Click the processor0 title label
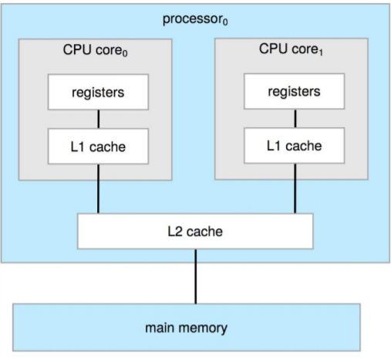[195, 19]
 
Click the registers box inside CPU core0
[97, 93]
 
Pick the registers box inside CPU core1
[294, 92]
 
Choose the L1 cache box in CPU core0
[97, 146]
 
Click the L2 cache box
[195, 230]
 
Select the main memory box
[187, 328]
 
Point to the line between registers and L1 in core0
[97, 119]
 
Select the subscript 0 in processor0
[224, 23]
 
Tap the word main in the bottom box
[161, 328]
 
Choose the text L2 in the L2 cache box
[174, 230]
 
